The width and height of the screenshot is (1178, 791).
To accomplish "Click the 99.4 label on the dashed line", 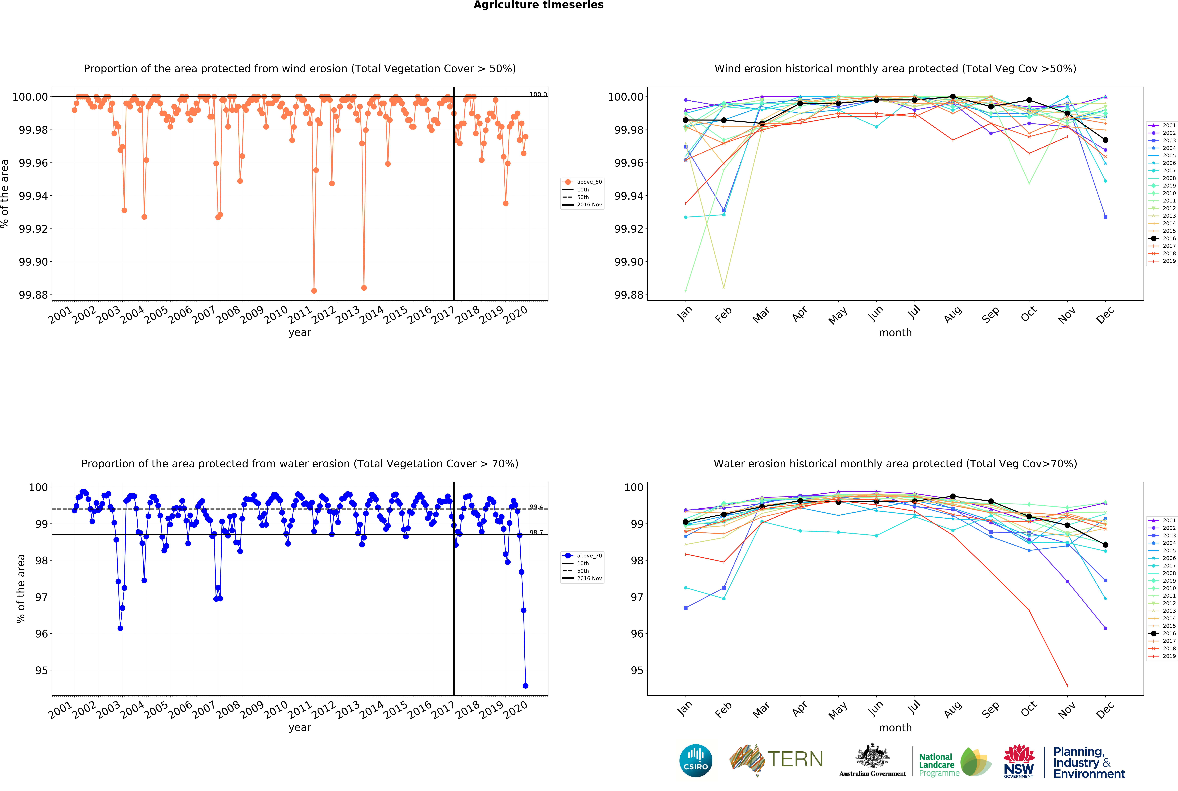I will (x=536, y=507).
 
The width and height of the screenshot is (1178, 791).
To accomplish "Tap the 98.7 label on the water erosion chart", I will (x=536, y=533).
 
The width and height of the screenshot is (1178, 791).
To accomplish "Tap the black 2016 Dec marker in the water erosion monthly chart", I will (x=1105, y=545).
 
